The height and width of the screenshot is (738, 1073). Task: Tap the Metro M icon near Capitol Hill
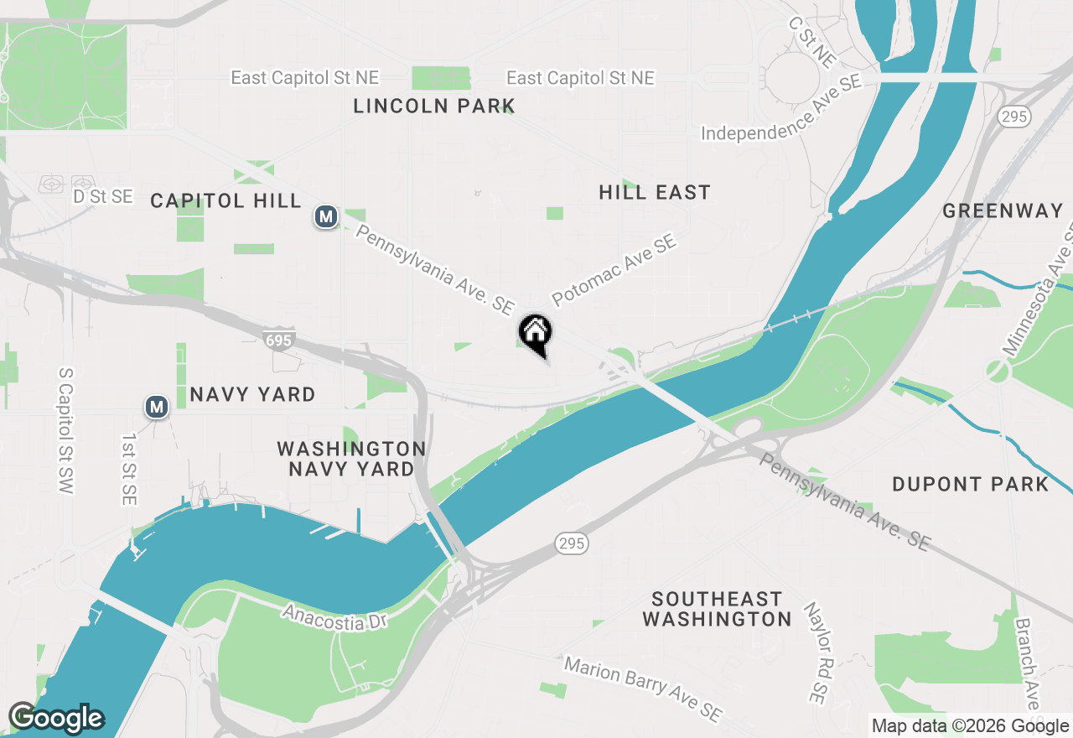pos(326,217)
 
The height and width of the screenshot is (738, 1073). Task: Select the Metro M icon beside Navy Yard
pos(156,407)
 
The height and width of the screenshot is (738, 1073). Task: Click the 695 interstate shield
pos(278,340)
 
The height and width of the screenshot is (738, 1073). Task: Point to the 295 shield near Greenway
pos(1013,117)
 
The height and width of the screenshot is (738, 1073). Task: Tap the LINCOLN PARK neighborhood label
pos(433,106)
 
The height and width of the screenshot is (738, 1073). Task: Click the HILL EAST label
pos(655,192)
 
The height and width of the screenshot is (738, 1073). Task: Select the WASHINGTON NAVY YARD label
pos(351,459)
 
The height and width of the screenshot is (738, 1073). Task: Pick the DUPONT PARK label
pos(970,484)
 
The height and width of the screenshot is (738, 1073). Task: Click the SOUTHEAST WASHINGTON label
pos(717,609)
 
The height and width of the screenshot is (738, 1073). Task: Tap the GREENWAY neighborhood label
pos(1003,210)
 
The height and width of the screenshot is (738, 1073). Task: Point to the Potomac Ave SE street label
pos(614,271)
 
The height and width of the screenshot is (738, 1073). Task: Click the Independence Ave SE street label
pos(781,109)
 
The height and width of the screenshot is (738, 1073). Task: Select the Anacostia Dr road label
pos(334,618)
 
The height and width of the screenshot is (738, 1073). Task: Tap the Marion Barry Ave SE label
pos(642,689)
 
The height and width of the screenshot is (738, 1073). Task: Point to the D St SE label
pos(103,196)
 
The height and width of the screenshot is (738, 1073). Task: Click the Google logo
pos(56,718)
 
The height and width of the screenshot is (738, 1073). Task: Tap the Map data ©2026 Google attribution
pos(970,726)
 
